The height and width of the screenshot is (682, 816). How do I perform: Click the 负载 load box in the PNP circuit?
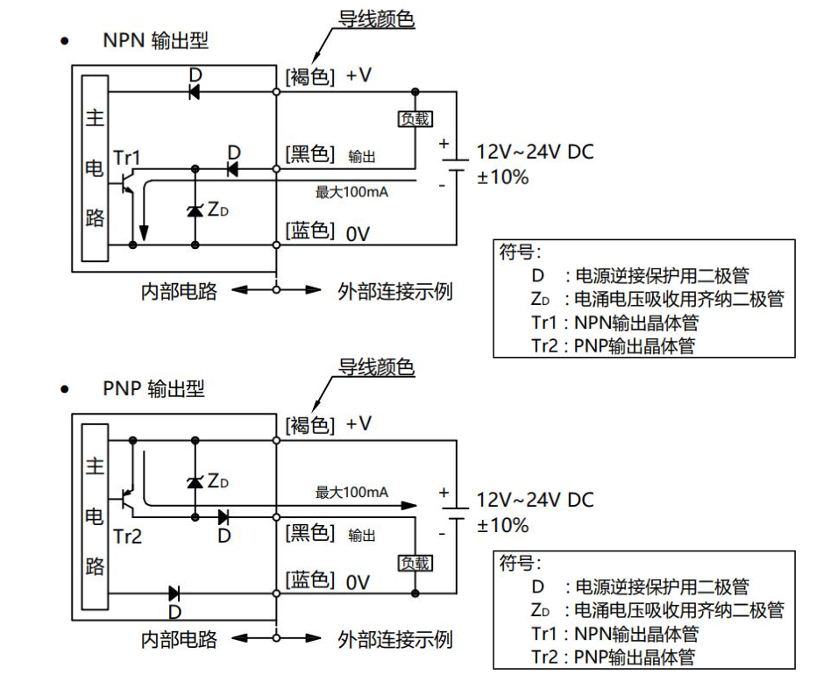click(415, 563)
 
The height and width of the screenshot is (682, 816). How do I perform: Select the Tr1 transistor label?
click(127, 157)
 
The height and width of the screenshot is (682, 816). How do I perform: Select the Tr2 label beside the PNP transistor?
click(127, 536)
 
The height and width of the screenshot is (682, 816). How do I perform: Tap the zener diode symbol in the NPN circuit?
click(195, 210)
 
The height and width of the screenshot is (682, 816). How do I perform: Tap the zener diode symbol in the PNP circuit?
click(195, 481)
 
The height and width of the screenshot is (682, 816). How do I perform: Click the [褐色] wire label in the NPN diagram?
click(309, 77)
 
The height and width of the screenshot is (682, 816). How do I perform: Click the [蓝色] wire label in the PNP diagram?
click(309, 580)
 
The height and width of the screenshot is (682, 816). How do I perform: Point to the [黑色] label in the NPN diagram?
click(309, 155)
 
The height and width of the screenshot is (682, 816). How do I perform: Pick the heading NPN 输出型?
click(156, 40)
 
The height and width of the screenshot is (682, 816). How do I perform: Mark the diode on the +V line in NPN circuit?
click(195, 89)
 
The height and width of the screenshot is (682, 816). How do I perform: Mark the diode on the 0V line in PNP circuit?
click(174, 593)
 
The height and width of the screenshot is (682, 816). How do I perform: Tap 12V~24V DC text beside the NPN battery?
click(535, 152)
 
